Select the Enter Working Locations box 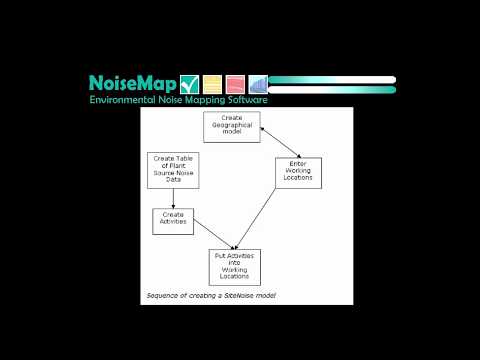(x=299, y=171)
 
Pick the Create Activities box (x=173, y=220)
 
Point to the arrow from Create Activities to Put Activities (x=208, y=237)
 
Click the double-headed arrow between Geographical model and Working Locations (x=277, y=142)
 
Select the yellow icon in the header (x=211, y=84)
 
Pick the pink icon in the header (x=235, y=84)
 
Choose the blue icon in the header (x=258, y=84)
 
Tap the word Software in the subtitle (x=245, y=100)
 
